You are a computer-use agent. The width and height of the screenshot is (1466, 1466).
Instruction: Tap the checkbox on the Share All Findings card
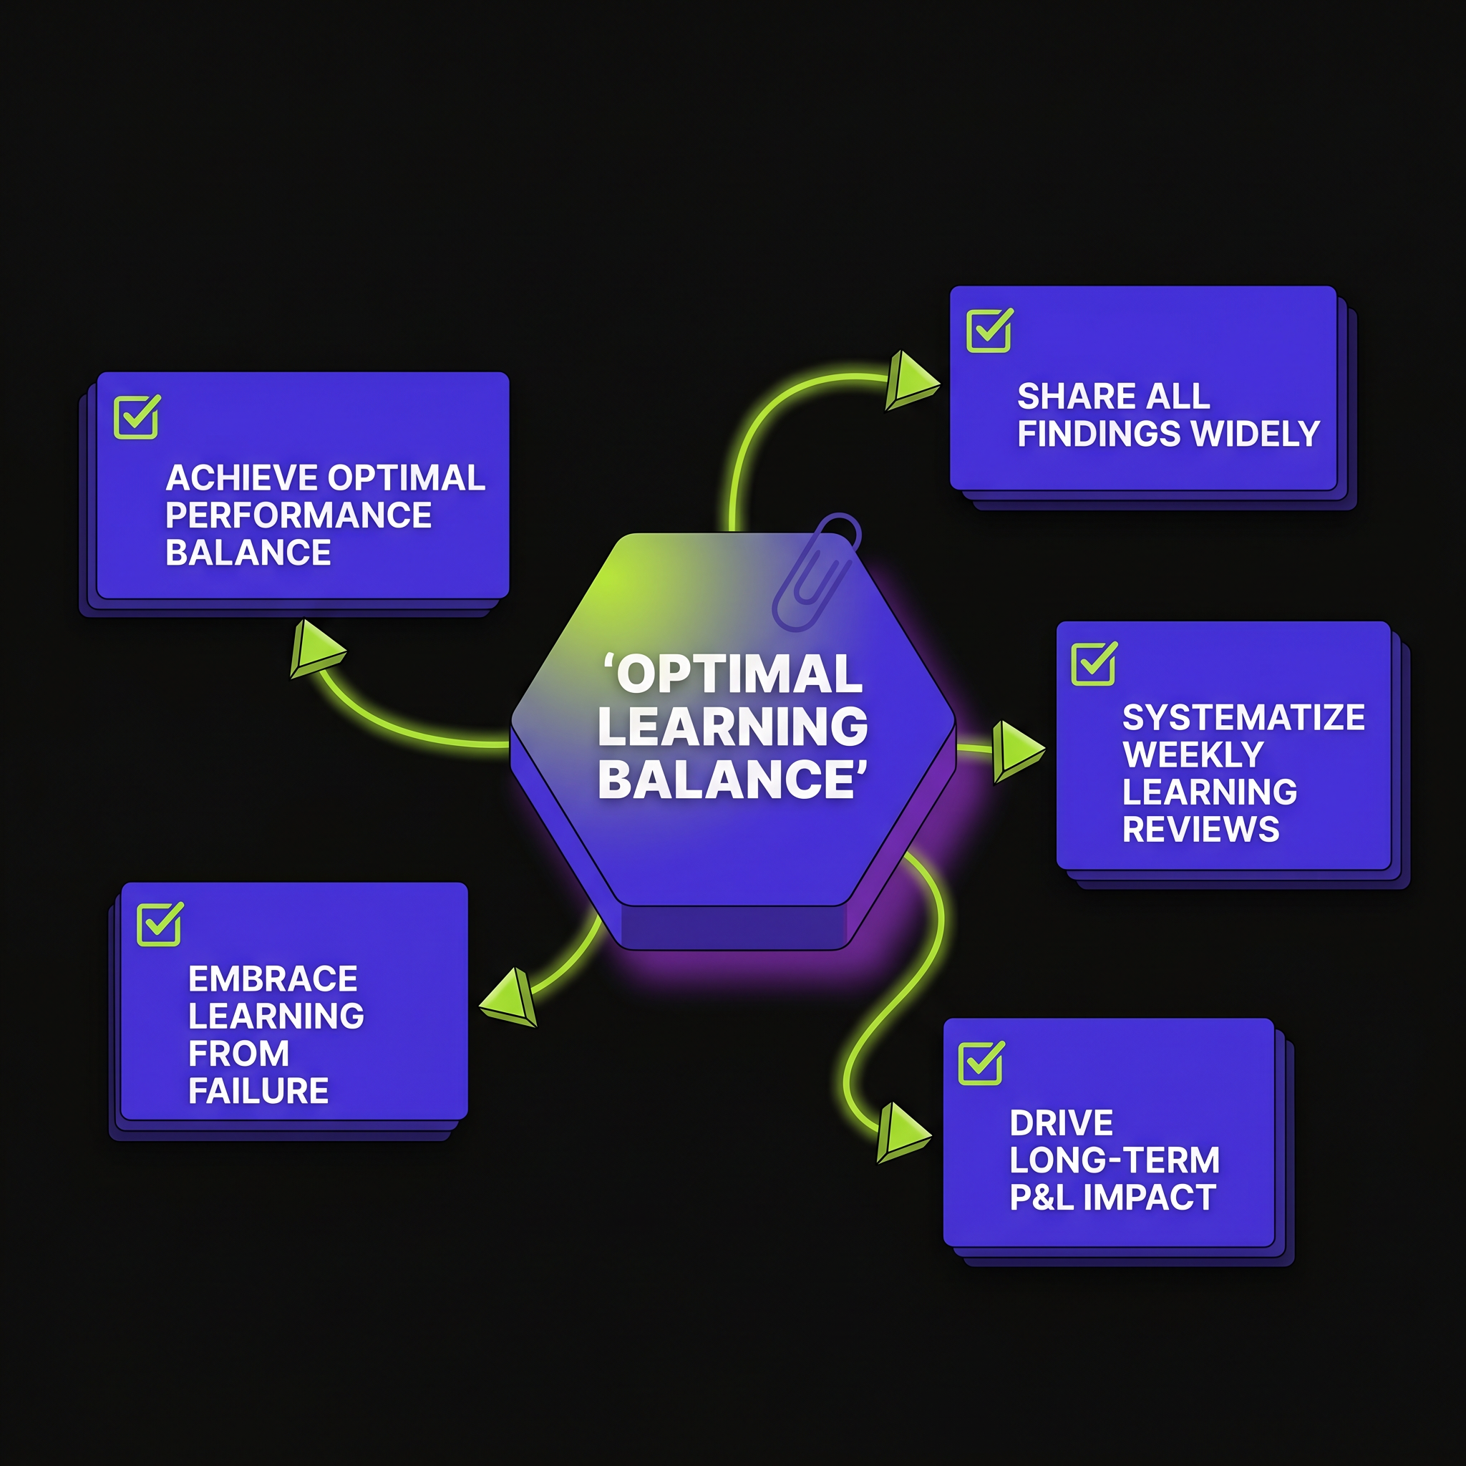(x=989, y=330)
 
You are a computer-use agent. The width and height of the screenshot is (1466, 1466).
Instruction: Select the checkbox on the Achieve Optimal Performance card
(x=137, y=417)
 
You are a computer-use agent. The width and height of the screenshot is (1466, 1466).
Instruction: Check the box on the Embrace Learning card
(x=160, y=923)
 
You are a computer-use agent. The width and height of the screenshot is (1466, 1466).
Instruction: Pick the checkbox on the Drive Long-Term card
(x=981, y=1062)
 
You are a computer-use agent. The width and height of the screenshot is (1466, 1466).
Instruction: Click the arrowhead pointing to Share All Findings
(x=911, y=380)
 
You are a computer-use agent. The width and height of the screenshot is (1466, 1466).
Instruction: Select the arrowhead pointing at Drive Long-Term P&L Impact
(x=902, y=1133)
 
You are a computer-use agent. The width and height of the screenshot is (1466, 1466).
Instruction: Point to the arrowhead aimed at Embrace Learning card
(x=510, y=998)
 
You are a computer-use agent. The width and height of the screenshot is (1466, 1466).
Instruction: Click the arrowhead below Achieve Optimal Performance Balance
(x=316, y=649)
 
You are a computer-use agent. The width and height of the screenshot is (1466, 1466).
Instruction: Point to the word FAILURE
(x=258, y=1090)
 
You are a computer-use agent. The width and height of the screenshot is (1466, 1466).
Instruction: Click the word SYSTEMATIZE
(x=1243, y=717)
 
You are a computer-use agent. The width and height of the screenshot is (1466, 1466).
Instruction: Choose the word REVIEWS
(x=1201, y=830)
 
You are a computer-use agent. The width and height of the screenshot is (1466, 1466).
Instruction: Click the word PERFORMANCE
(x=299, y=515)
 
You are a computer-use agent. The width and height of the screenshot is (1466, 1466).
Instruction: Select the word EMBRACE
(x=273, y=979)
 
